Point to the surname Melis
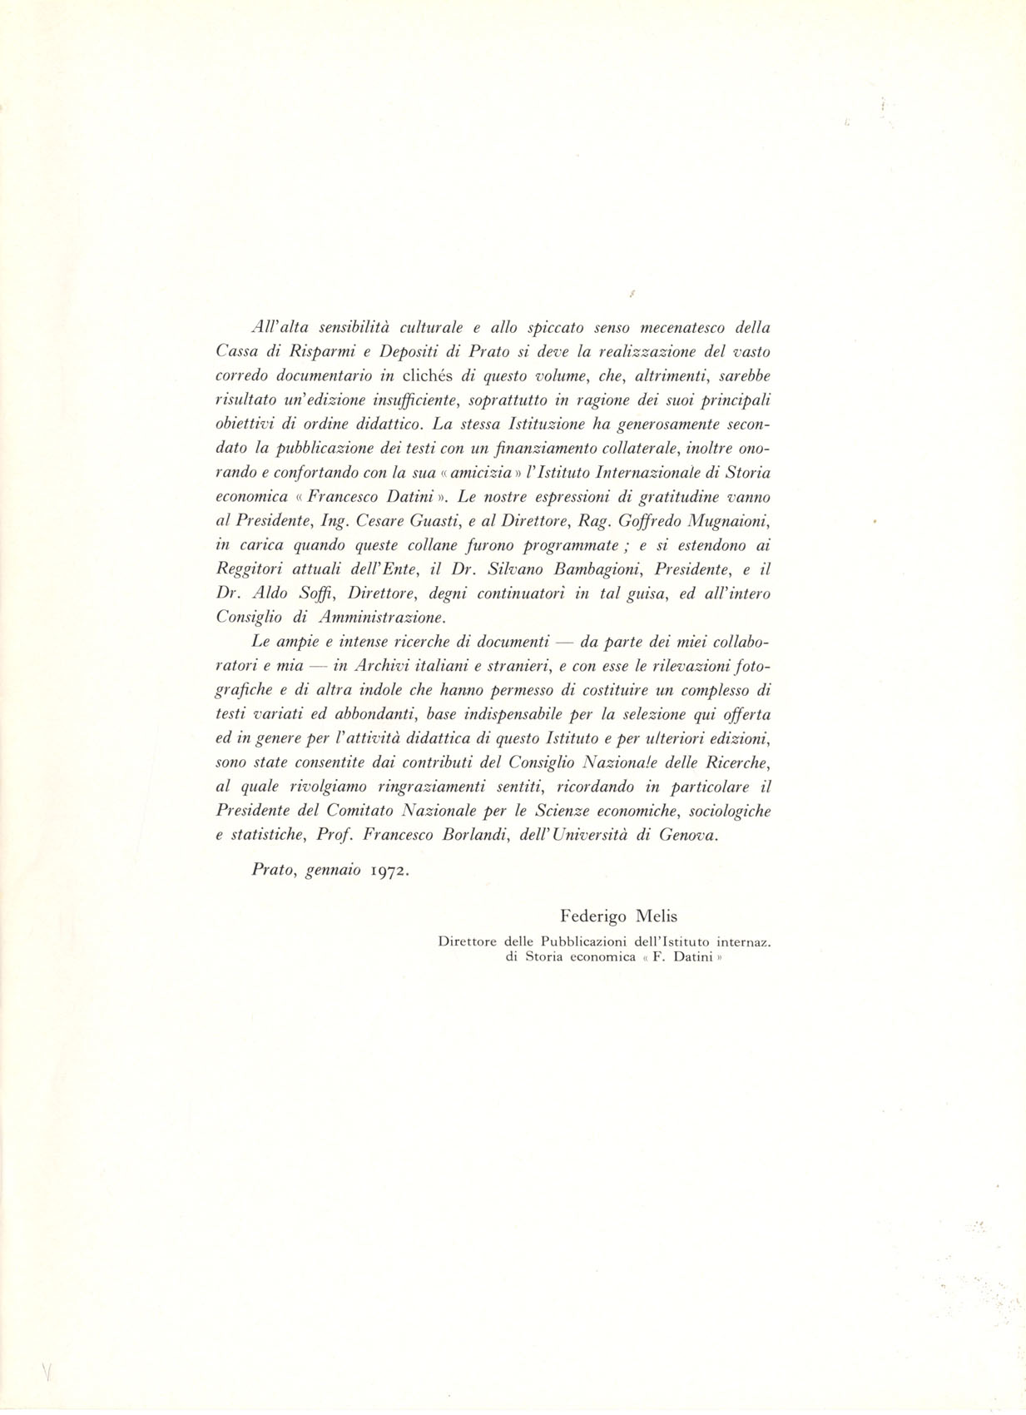657,916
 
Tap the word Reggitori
248,569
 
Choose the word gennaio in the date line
333,871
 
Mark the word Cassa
235,351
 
